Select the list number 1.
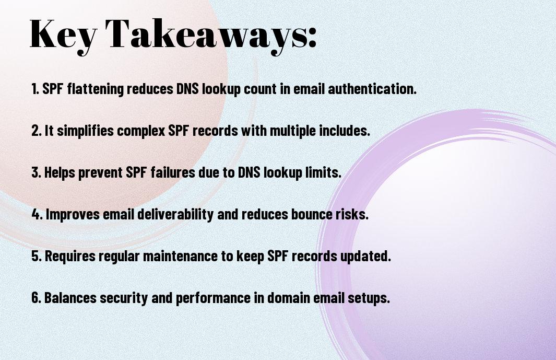(x=35, y=89)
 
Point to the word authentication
(x=372, y=89)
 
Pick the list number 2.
(x=37, y=131)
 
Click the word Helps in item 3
(x=60, y=173)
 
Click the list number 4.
(x=37, y=214)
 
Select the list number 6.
(x=37, y=298)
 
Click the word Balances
(x=70, y=298)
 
